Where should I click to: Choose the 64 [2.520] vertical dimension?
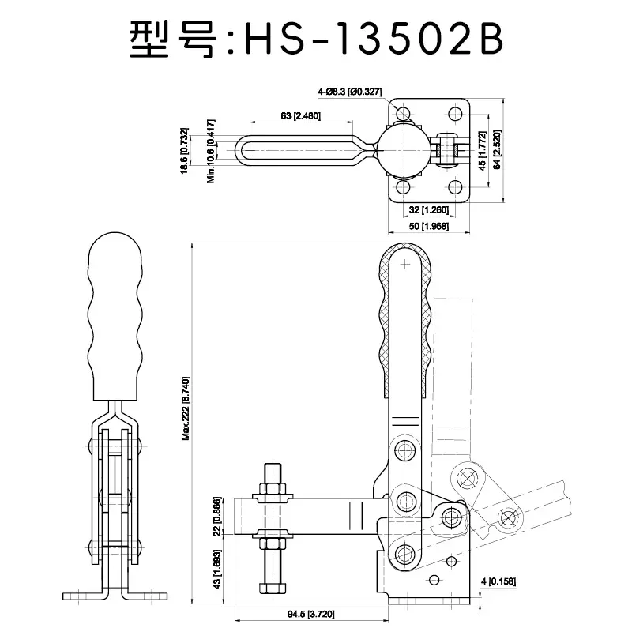click(x=498, y=147)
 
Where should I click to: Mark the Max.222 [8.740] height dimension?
click(x=186, y=408)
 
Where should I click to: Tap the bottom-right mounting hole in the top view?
click(x=454, y=187)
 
